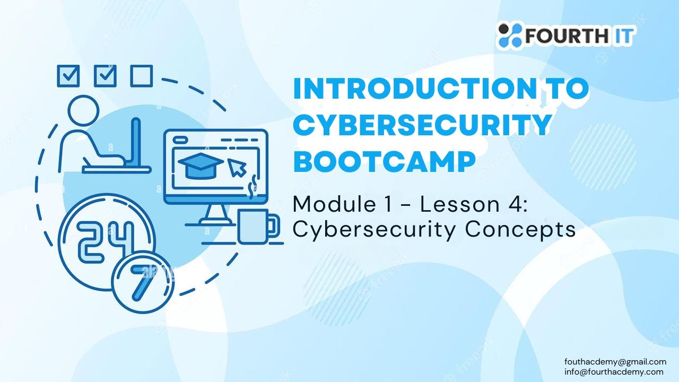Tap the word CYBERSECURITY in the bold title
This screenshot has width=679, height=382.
tap(421, 125)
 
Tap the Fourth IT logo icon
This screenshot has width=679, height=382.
tap(509, 35)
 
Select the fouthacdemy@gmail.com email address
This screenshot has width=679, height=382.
tap(615, 362)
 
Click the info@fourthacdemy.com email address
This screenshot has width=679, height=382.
tap(614, 371)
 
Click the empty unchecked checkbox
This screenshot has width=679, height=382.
tap(141, 76)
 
